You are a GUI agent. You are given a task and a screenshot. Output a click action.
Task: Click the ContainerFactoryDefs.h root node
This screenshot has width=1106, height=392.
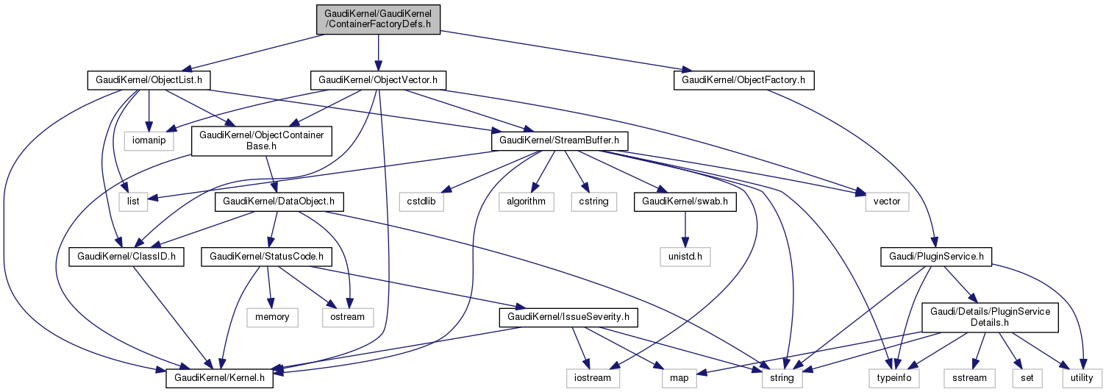click(x=377, y=18)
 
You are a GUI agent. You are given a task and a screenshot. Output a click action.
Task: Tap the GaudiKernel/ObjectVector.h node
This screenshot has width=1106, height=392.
click(x=378, y=79)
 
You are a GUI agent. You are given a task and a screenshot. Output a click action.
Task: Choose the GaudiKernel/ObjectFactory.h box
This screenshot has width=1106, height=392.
click(x=743, y=79)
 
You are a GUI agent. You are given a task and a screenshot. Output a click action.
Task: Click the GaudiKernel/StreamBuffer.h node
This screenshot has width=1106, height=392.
click(x=554, y=140)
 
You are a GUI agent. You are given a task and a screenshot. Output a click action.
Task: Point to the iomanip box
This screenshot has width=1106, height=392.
click(x=149, y=140)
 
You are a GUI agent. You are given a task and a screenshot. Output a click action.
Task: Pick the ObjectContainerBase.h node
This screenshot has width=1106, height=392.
click(x=263, y=140)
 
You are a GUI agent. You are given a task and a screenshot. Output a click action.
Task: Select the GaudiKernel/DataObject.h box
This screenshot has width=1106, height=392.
click(x=274, y=200)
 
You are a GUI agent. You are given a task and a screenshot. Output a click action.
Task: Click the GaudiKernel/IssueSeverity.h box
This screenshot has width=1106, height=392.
click(x=568, y=318)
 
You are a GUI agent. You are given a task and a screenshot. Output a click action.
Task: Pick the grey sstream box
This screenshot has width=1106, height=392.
click(x=969, y=378)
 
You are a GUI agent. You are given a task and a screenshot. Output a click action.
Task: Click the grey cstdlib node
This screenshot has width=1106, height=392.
click(x=422, y=200)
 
